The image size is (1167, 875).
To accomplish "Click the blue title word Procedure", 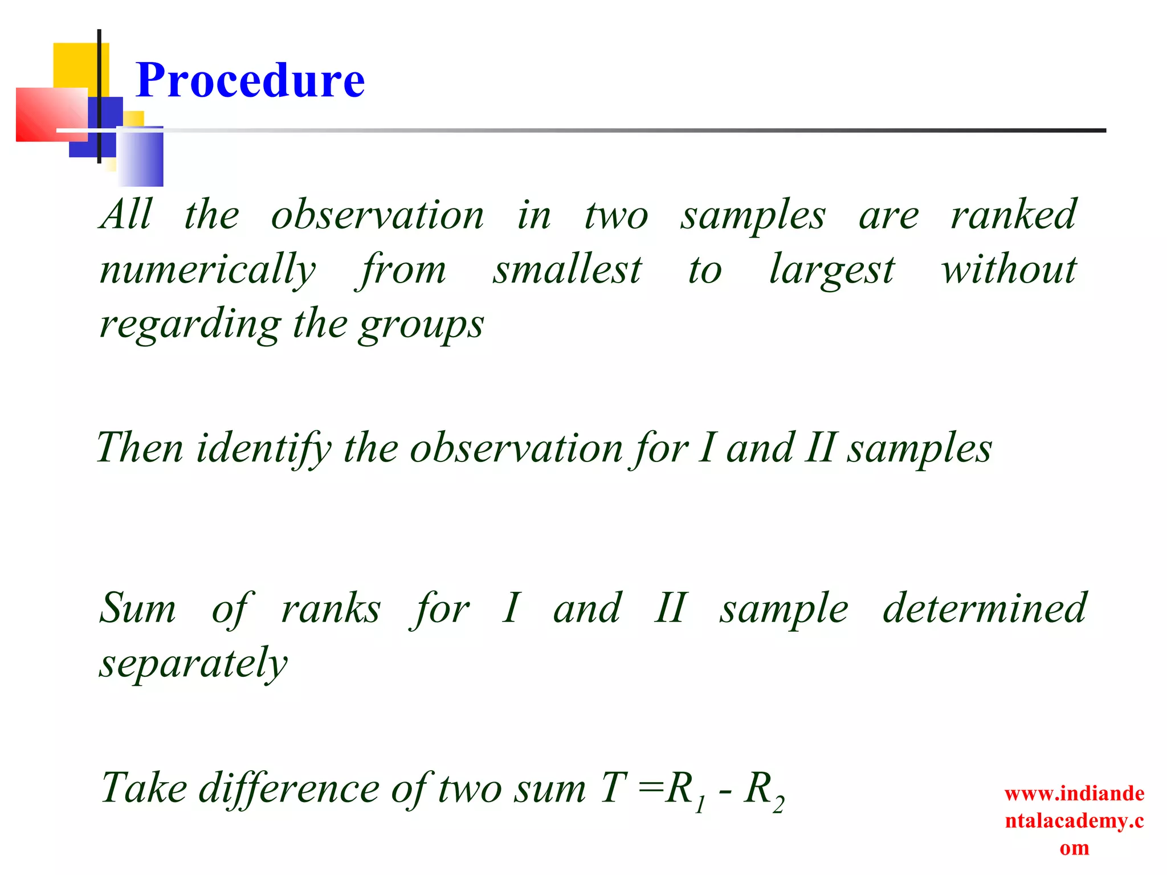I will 250,80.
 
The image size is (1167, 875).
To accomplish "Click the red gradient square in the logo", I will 48,115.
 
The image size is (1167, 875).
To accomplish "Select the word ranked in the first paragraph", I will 1013,215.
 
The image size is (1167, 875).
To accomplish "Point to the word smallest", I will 567,269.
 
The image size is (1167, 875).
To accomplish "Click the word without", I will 1009,269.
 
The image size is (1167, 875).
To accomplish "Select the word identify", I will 263,448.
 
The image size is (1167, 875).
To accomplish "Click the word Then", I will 140,447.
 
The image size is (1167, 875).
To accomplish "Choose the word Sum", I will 138,608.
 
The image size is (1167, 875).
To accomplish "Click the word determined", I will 984,608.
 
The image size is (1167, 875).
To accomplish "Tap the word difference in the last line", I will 289,789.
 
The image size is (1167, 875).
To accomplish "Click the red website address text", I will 1074,820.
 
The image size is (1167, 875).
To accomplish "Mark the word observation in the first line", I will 377,215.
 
